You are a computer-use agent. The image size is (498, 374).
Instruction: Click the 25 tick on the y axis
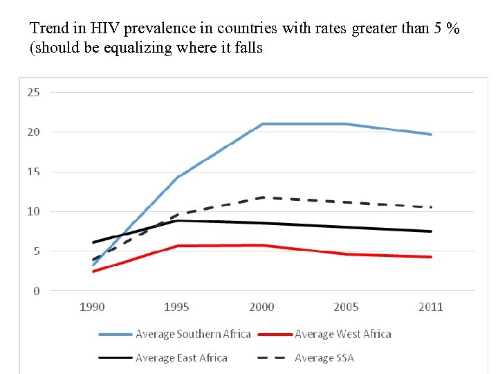[33, 92]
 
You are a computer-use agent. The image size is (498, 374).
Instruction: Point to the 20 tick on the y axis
[33, 132]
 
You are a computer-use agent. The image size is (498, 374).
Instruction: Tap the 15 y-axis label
[33, 172]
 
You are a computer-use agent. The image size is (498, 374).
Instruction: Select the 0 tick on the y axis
[37, 291]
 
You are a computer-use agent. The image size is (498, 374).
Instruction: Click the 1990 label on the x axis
[92, 308]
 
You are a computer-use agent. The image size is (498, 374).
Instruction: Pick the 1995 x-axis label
[176, 308]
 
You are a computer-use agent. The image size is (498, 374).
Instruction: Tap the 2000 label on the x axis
[261, 308]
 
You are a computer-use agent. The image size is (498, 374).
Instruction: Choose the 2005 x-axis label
[346, 308]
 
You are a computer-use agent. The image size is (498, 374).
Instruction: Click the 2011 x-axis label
[430, 308]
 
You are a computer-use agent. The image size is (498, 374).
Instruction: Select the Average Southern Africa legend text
[193, 335]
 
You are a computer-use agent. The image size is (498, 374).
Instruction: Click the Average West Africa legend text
[342, 335]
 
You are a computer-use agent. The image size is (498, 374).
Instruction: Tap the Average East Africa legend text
[181, 358]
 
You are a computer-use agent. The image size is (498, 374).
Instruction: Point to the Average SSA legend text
[324, 358]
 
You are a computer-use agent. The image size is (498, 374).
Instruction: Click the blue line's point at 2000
[261, 124]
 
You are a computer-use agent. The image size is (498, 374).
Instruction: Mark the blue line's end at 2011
[431, 134]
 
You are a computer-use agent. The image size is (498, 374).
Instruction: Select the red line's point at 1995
[177, 246]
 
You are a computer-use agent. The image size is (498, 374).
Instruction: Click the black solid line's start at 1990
[93, 242]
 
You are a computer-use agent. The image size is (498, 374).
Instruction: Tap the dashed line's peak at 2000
[261, 197]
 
